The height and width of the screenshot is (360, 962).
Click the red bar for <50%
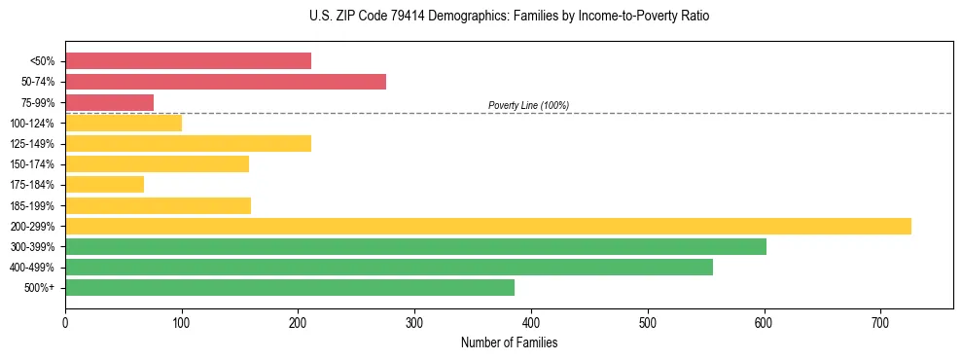pos(188,61)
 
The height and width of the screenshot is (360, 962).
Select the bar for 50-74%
pos(226,82)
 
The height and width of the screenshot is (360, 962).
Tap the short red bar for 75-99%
pos(109,102)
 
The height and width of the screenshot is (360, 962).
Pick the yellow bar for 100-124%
pos(124,123)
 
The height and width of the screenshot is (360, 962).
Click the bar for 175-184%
pos(104,184)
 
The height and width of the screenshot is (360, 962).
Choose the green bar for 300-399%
pos(415,246)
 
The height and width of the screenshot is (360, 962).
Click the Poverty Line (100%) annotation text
pos(528,105)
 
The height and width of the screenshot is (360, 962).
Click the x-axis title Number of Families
pos(509,342)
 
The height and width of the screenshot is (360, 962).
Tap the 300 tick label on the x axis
pos(414,323)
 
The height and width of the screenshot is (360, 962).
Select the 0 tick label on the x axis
pos(65,323)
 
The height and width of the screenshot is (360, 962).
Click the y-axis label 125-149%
pos(32,144)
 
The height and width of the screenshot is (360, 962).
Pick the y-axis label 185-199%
pos(32,205)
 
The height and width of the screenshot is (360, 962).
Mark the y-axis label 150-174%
pos(32,164)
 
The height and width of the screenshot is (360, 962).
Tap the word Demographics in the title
pos(470,17)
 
